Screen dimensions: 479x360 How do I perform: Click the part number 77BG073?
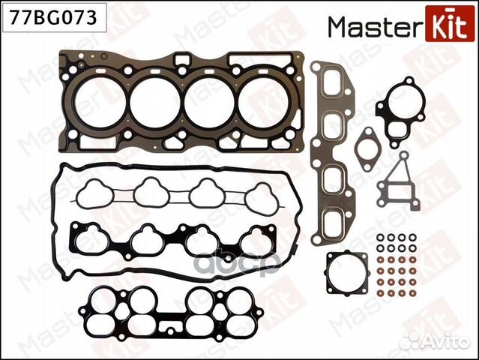53,17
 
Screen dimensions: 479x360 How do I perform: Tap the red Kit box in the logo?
446,24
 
